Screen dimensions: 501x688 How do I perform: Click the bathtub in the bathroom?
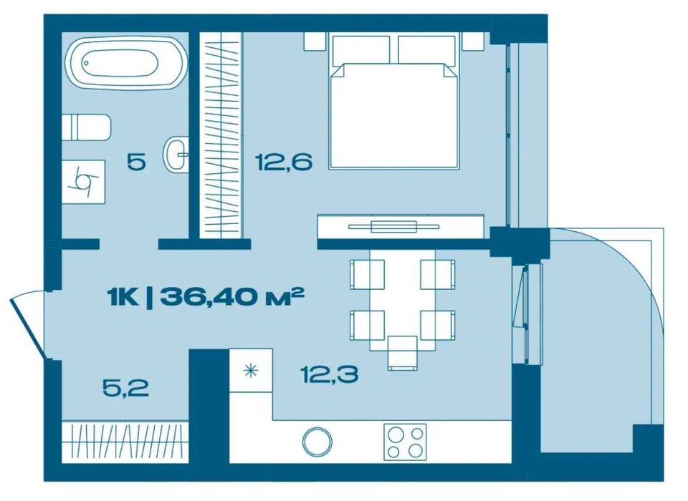point(122,64)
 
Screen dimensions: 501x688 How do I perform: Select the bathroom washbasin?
point(176,154)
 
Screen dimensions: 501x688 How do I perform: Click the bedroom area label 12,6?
point(283,162)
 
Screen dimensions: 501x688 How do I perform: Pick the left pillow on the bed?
point(360,49)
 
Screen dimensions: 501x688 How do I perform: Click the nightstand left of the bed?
point(315,42)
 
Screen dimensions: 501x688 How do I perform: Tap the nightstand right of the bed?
point(474,42)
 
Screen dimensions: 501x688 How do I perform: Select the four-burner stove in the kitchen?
point(405,441)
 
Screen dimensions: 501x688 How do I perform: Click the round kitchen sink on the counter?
point(317,441)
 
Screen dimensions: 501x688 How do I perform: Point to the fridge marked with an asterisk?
point(251,371)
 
